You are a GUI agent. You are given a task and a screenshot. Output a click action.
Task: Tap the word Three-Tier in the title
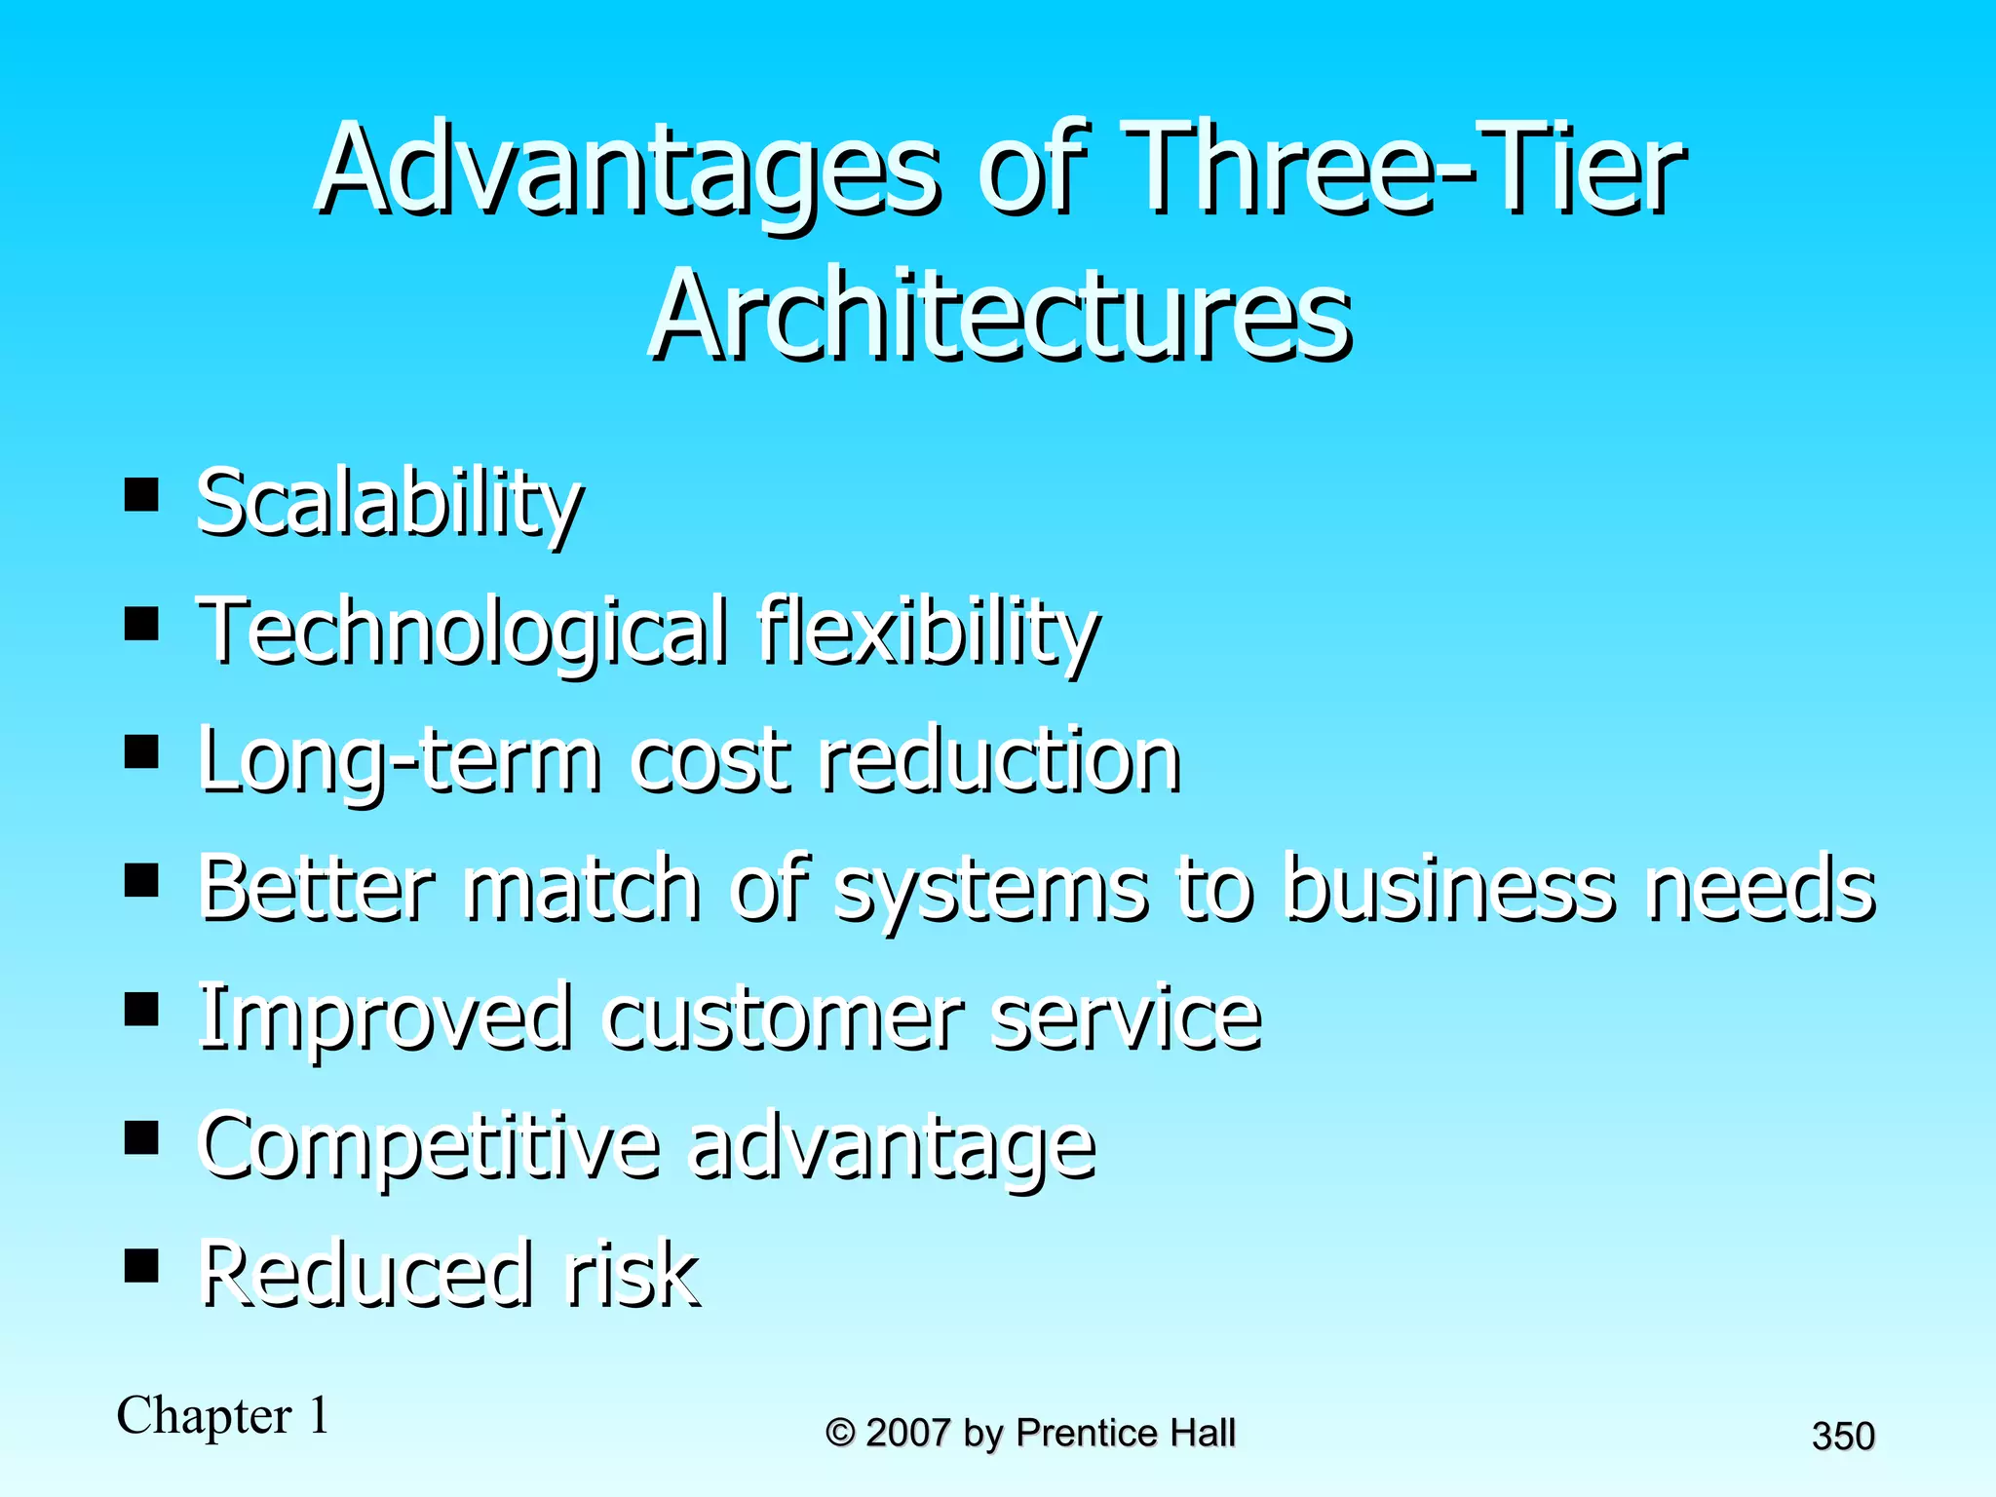pyautogui.click(x=1403, y=171)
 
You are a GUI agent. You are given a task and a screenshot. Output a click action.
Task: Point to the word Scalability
pyautogui.click(x=390, y=505)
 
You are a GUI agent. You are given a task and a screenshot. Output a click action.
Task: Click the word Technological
pyautogui.click(x=463, y=633)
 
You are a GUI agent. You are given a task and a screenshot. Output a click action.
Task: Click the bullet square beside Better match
pyautogui.click(x=142, y=881)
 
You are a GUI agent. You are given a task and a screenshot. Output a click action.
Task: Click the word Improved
pyautogui.click(x=385, y=1019)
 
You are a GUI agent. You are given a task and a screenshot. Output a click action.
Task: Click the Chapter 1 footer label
pyautogui.click(x=223, y=1416)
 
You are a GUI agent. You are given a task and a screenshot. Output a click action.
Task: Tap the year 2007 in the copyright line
pyautogui.click(x=907, y=1434)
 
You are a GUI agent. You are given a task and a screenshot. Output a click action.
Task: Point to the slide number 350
pyautogui.click(x=1843, y=1437)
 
